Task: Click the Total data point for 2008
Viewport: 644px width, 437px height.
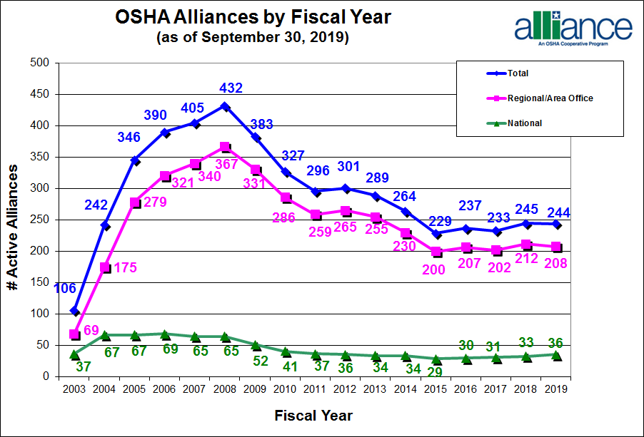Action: click(x=225, y=106)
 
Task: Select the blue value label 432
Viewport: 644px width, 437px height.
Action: click(x=231, y=88)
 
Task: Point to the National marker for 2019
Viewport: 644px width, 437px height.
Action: click(x=556, y=354)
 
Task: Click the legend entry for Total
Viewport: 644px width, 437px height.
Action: click(x=518, y=73)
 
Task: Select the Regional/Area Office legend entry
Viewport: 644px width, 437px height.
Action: click(x=550, y=98)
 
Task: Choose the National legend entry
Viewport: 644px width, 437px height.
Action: click(x=525, y=123)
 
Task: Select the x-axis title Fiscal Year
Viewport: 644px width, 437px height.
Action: click(x=314, y=415)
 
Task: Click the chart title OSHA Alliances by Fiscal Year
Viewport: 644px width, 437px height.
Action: click(x=253, y=17)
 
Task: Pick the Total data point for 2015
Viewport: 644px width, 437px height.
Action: click(x=436, y=233)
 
